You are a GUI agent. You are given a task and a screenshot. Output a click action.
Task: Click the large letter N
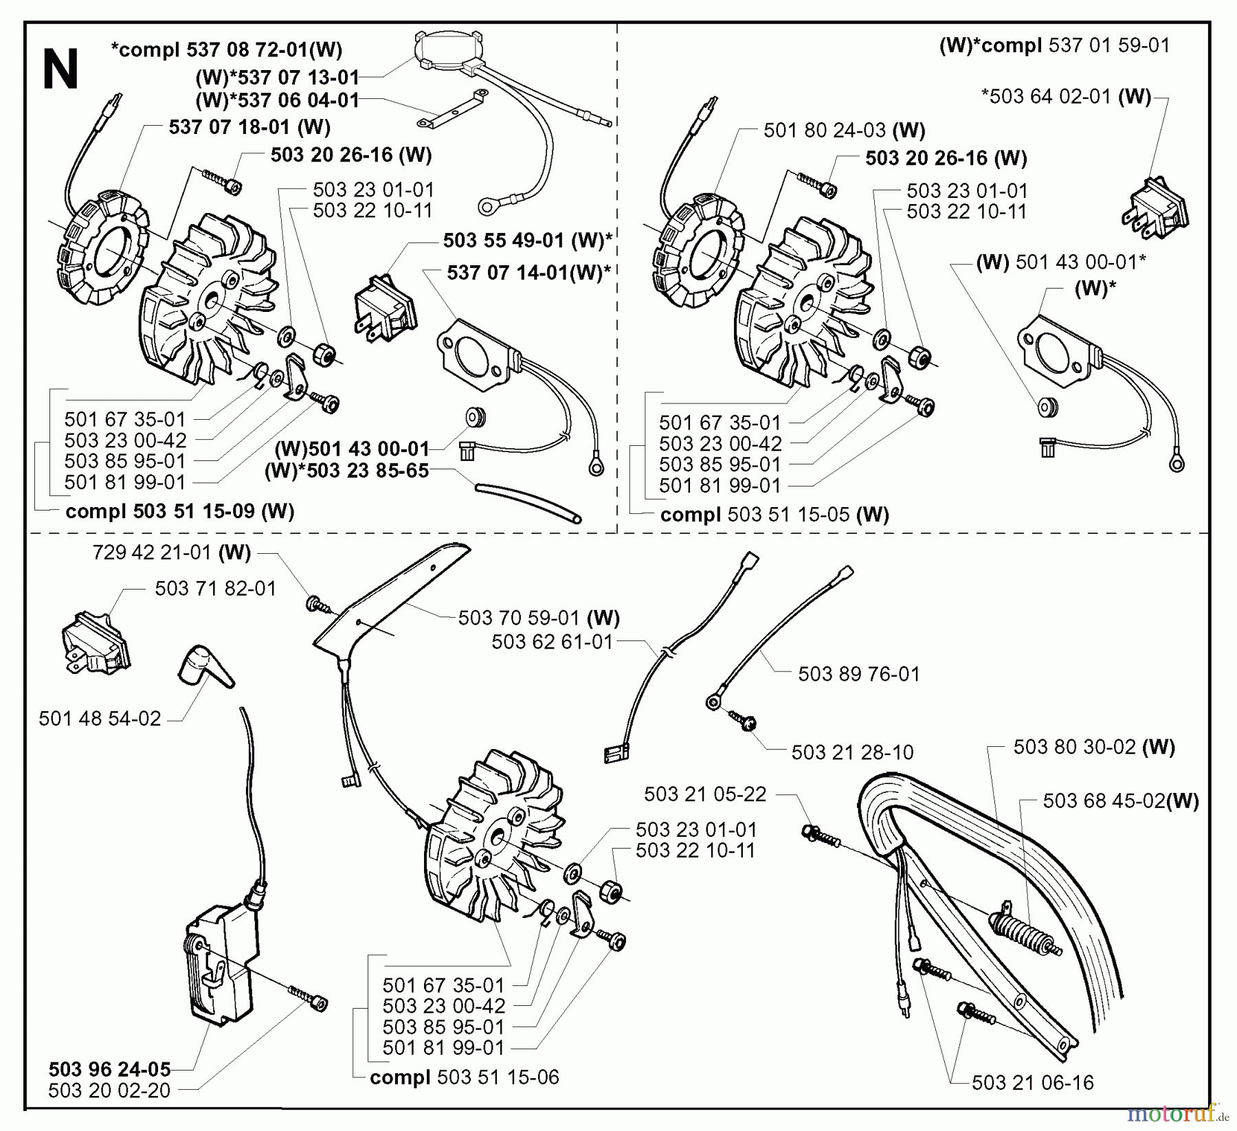60,70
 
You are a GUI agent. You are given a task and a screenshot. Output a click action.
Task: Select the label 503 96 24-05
109,1069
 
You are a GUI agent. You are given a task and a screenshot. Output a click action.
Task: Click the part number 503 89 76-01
858,674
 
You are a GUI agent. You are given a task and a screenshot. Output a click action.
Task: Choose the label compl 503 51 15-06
464,1077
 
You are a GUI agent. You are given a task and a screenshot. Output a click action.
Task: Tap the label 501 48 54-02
100,719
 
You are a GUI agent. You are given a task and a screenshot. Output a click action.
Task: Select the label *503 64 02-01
1066,96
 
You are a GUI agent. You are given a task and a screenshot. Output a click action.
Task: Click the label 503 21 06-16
1032,1083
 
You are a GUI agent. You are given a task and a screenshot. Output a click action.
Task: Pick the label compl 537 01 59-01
1054,46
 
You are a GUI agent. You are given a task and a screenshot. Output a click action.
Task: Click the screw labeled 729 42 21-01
317,604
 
